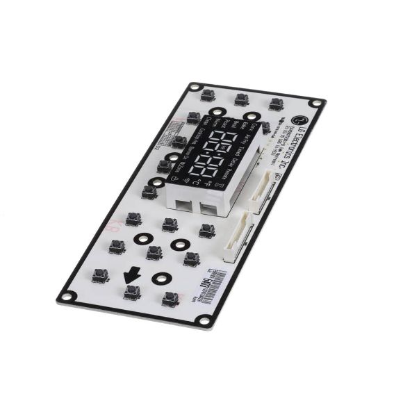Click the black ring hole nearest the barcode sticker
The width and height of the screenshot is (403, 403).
[x=161, y=279]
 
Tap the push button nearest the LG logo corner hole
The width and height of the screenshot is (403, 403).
[x=276, y=104]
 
